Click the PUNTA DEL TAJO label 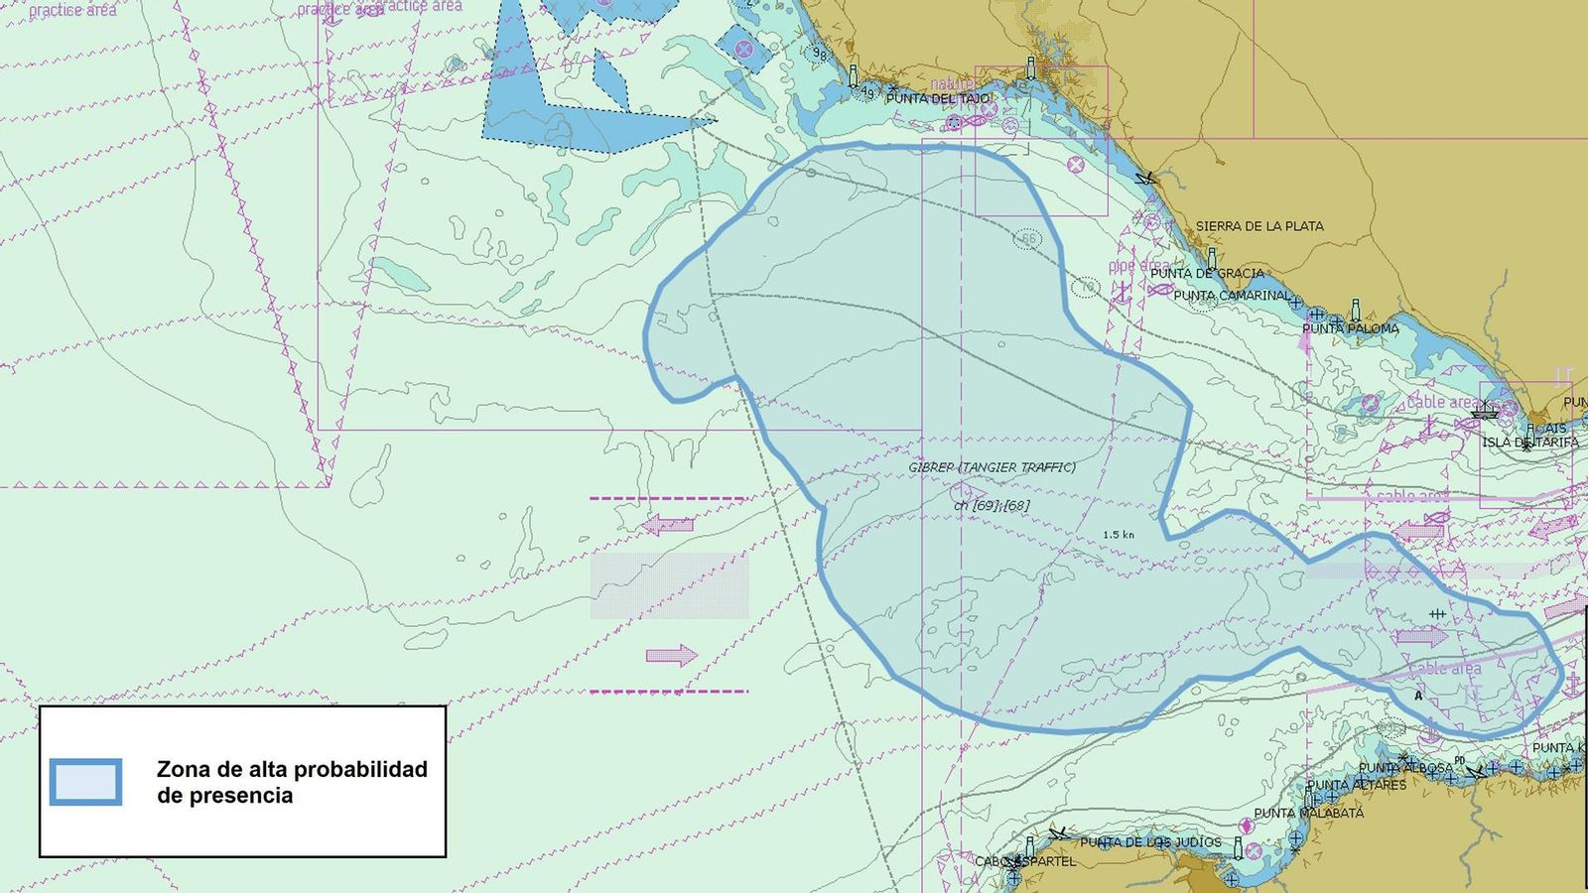click(x=938, y=99)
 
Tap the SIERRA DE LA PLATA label click(x=1258, y=226)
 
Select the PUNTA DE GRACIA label click(x=1207, y=273)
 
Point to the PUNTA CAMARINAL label click(x=1232, y=296)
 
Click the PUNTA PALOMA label click(x=1350, y=328)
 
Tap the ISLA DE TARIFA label click(x=1529, y=443)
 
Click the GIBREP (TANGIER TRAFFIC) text click(x=992, y=467)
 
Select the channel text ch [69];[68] click(x=992, y=505)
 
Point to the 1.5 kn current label click(x=1118, y=535)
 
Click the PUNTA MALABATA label click(x=1308, y=814)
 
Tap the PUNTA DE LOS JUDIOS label click(x=1150, y=842)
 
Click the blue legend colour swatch click(x=86, y=782)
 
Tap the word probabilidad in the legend click(x=359, y=770)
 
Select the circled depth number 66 click(x=1028, y=239)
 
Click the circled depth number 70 click(x=1087, y=288)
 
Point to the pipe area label click(x=1138, y=266)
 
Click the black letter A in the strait click(x=1418, y=696)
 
